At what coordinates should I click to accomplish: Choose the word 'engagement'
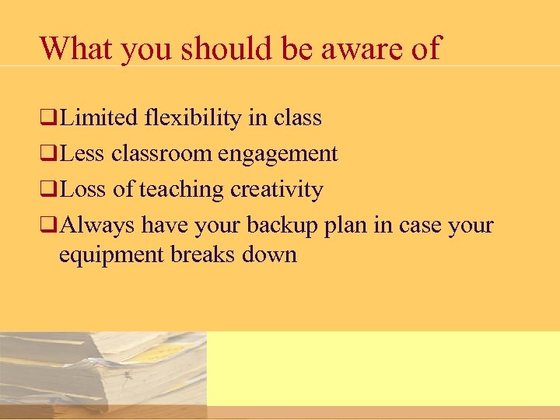tap(278, 154)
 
